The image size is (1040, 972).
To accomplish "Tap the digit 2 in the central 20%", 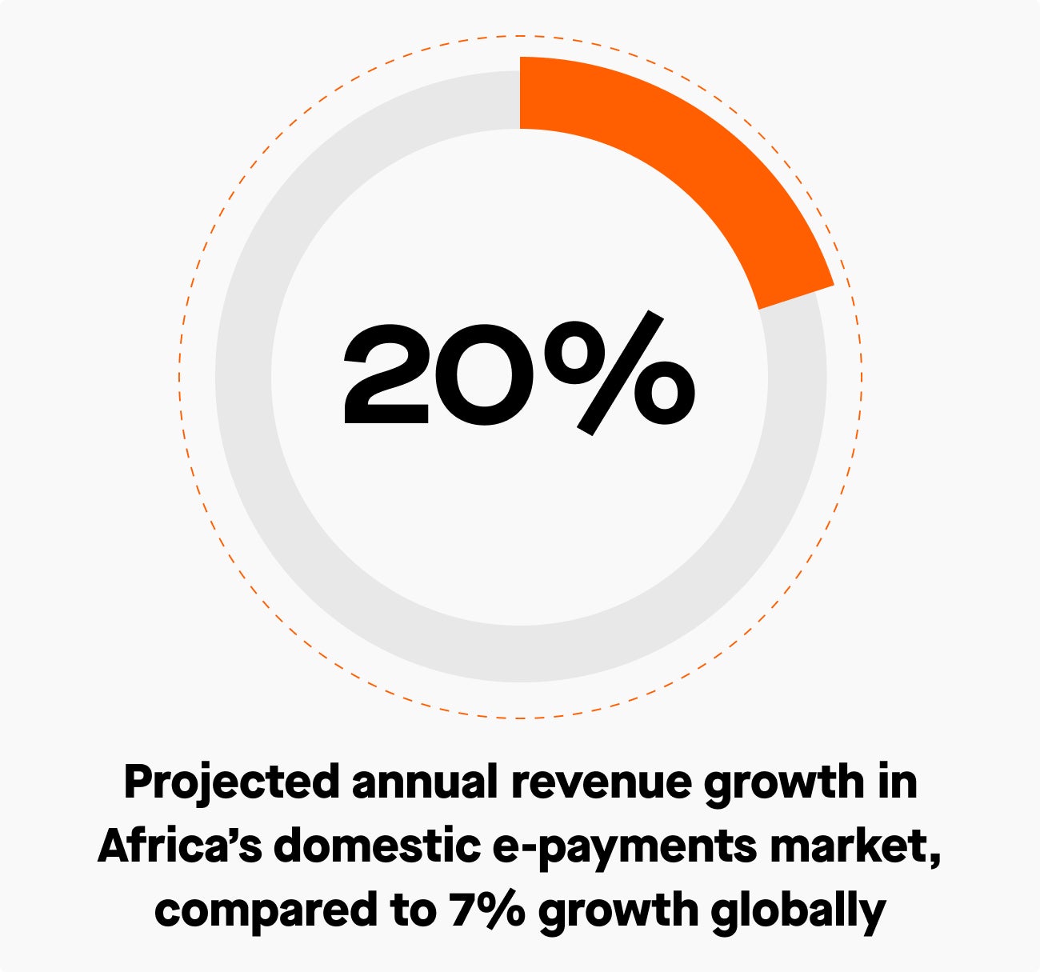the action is click(386, 374).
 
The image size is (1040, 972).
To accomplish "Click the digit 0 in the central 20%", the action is click(485, 374).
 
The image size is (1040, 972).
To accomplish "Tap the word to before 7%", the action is click(413, 911).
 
